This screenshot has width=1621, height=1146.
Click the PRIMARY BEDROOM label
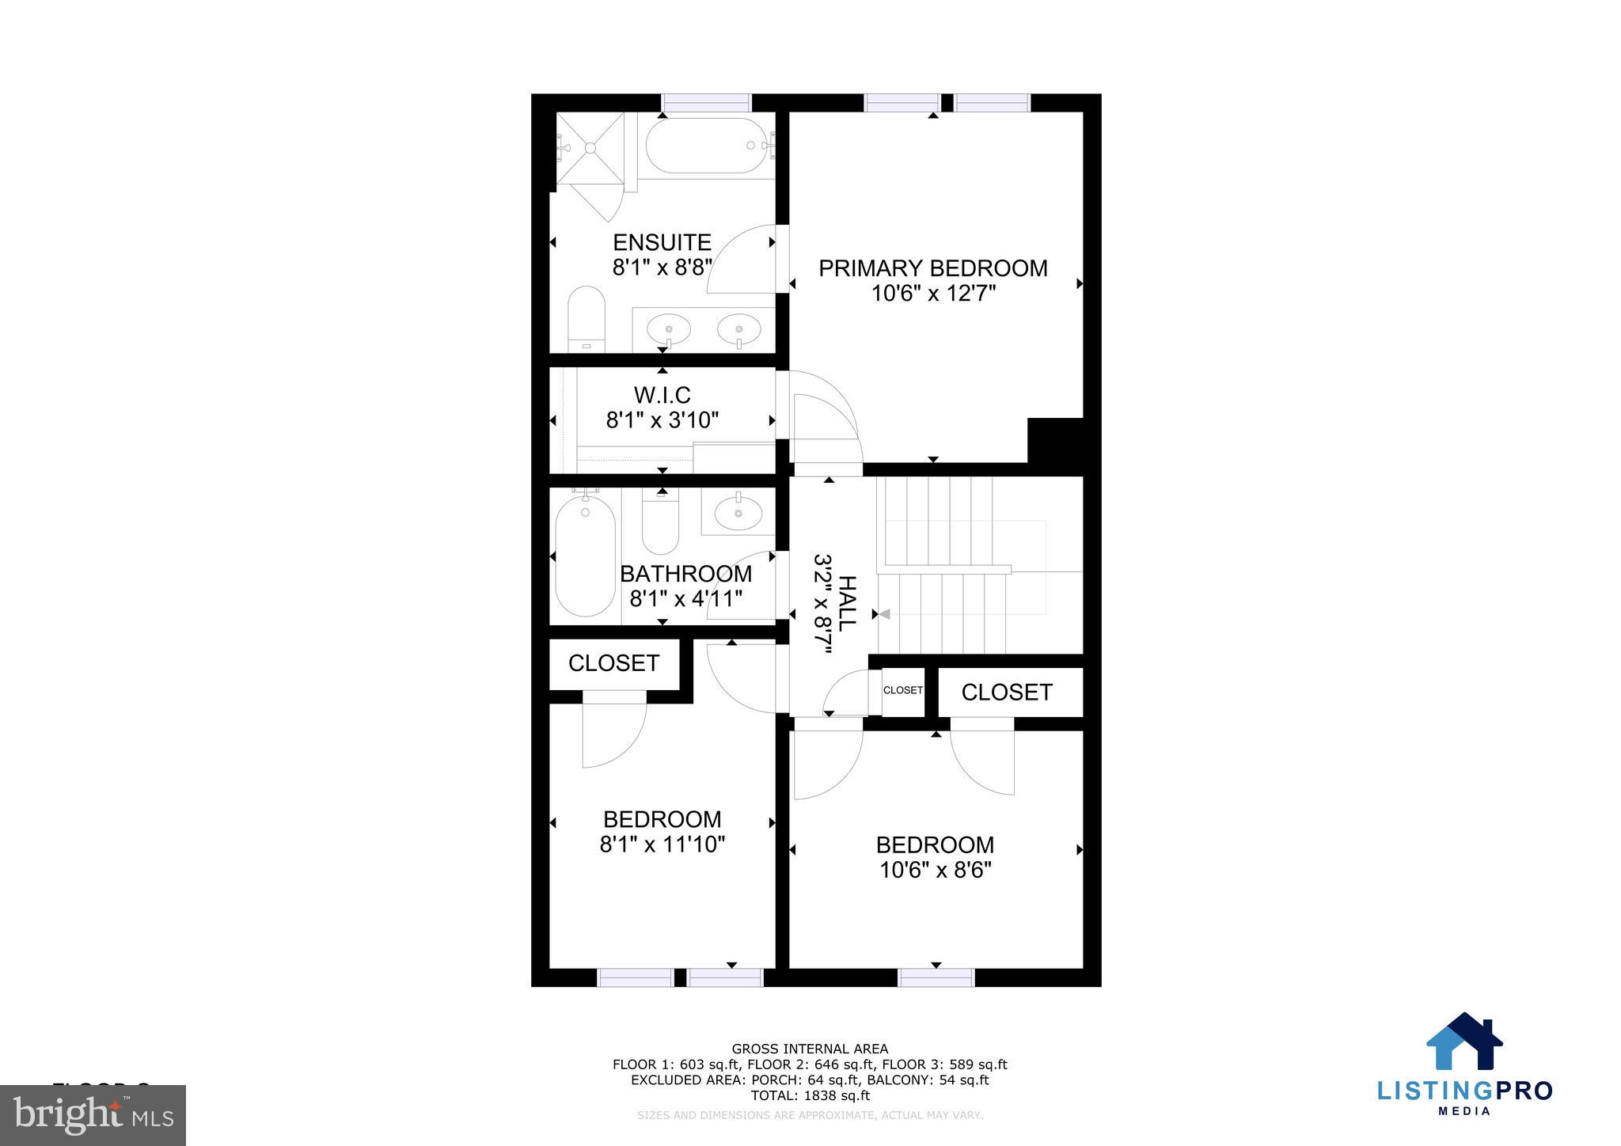(x=932, y=268)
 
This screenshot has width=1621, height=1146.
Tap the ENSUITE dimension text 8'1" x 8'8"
(x=662, y=267)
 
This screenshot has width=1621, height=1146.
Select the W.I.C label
(x=662, y=394)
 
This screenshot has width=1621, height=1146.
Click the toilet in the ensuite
(x=587, y=321)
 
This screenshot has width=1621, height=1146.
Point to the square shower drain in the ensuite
(x=590, y=147)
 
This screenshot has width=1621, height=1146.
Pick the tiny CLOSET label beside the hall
(x=902, y=690)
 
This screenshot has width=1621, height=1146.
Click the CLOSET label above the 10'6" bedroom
(x=1006, y=693)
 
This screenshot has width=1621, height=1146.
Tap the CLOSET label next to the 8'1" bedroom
(x=613, y=663)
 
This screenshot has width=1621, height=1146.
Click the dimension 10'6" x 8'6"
(x=935, y=871)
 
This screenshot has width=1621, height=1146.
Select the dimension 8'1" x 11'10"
(x=662, y=845)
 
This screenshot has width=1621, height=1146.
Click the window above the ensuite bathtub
(x=705, y=103)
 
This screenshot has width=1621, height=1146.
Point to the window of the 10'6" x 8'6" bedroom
(x=936, y=977)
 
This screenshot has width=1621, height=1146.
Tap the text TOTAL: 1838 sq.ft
(x=810, y=1096)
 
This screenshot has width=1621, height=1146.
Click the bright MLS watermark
(x=93, y=1115)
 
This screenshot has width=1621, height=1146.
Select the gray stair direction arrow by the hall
(x=885, y=614)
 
